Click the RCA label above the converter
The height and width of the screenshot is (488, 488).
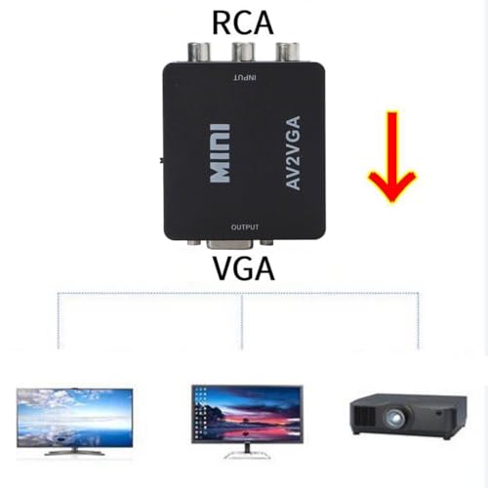(x=242, y=22)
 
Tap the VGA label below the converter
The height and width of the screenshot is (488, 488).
(x=244, y=268)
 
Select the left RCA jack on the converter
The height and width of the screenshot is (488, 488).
(x=198, y=52)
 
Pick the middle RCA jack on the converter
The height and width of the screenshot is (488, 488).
(x=242, y=52)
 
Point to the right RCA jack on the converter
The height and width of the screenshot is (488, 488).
(x=287, y=52)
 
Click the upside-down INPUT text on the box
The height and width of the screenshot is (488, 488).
(x=245, y=78)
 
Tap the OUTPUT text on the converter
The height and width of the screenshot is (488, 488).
(x=245, y=226)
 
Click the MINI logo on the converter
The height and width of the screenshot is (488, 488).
(x=220, y=153)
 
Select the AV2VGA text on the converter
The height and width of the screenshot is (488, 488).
(x=293, y=152)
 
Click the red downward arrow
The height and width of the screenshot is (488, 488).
(x=392, y=156)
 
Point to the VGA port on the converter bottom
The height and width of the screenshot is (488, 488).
(x=232, y=245)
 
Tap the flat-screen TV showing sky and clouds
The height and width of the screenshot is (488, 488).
(x=74, y=422)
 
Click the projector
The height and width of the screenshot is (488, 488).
(x=408, y=417)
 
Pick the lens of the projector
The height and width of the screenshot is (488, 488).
(x=396, y=418)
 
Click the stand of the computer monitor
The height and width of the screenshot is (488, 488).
(x=247, y=451)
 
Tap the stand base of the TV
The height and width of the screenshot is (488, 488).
(x=74, y=452)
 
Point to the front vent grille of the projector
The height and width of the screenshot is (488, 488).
(x=364, y=417)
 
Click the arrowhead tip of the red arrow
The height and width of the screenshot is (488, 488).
(x=392, y=202)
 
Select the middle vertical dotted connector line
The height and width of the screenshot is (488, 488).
(x=242, y=321)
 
